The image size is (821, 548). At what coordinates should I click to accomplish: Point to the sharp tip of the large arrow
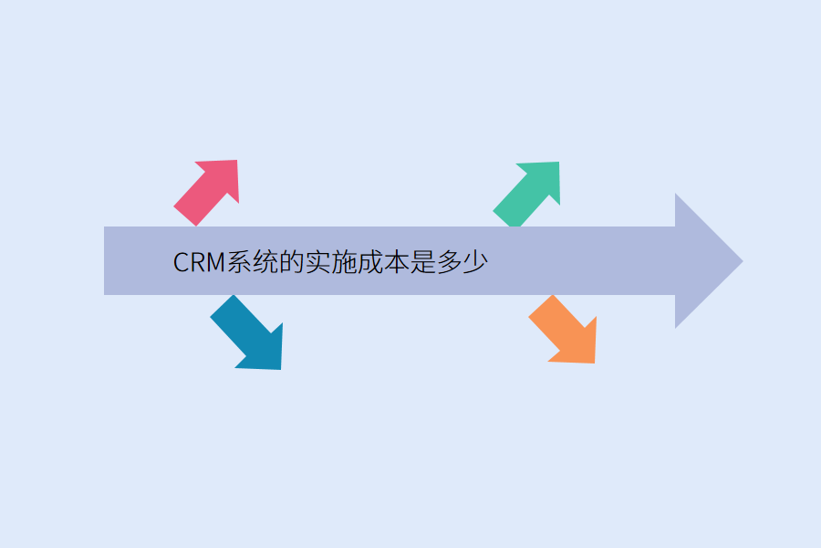[741, 261]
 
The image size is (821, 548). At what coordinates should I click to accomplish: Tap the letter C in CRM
[181, 263]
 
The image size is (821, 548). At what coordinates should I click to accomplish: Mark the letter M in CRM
[217, 263]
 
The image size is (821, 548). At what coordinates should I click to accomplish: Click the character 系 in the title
[241, 263]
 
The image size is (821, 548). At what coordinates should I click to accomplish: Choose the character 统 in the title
[266, 263]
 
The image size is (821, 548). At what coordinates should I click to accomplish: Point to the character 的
[292, 263]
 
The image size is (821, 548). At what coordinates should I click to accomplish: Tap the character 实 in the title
[318, 263]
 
